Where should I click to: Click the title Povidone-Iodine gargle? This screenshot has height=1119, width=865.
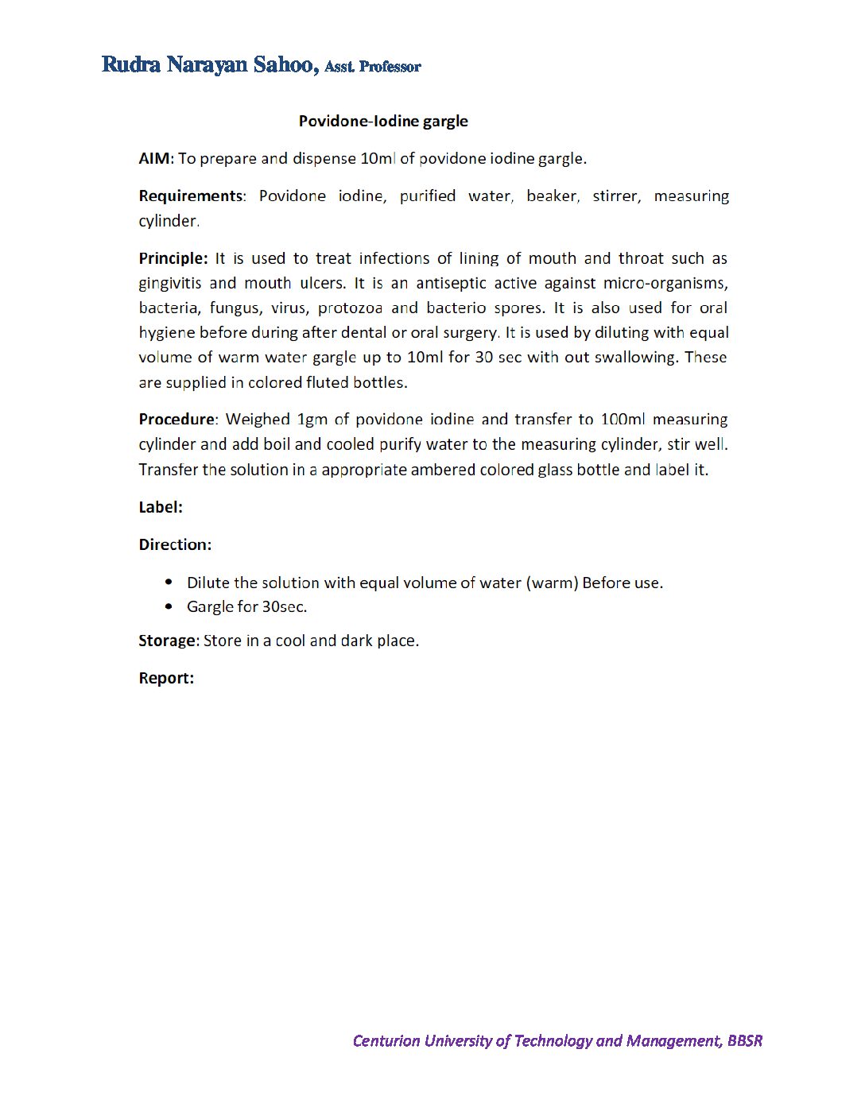(x=383, y=122)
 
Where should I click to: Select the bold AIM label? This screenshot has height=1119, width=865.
(x=154, y=158)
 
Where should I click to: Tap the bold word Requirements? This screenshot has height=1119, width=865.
(x=191, y=196)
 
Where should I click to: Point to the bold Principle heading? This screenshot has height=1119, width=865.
(x=173, y=258)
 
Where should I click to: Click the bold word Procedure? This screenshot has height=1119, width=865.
(x=176, y=419)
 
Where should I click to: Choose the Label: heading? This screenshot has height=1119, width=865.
(x=161, y=507)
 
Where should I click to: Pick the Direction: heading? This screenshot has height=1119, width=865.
(x=175, y=544)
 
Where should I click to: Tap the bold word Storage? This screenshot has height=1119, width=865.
(x=167, y=641)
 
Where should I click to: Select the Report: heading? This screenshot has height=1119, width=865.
(x=166, y=678)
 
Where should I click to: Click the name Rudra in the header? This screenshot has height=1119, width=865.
(x=131, y=64)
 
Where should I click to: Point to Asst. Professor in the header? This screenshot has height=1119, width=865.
(x=373, y=67)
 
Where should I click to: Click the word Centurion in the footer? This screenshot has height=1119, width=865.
(x=386, y=1041)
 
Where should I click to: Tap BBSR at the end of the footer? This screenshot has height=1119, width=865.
(x=745, y=1041)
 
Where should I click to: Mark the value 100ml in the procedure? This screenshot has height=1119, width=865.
(x=623, y=419)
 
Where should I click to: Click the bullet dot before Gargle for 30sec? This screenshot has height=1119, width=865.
(x=169, y=606)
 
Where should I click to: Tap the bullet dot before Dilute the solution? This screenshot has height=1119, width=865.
(x=169, y=582)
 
